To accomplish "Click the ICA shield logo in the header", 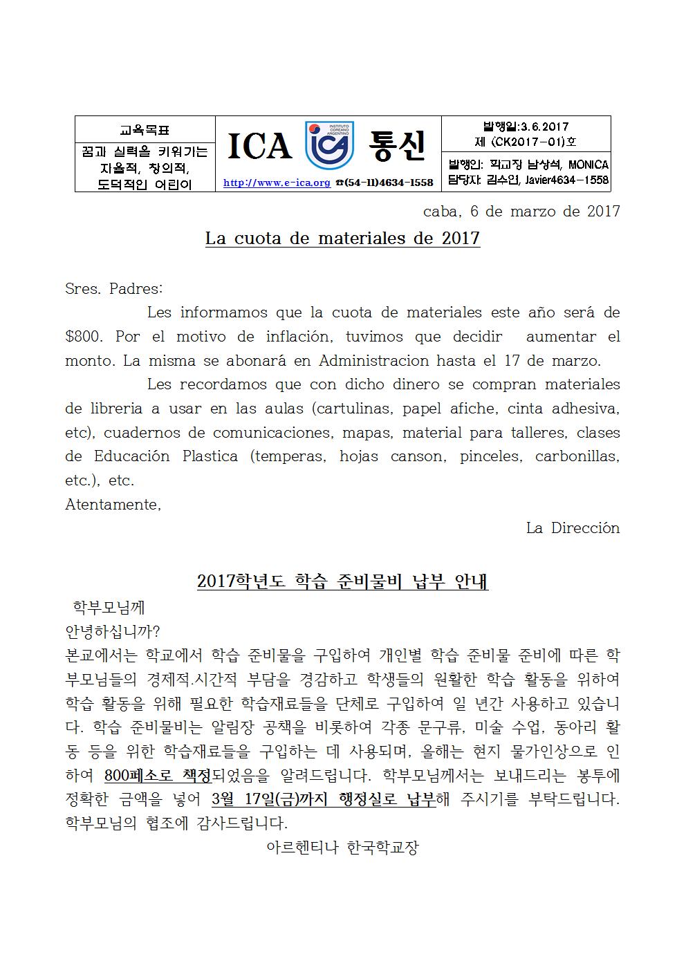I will (330, 145).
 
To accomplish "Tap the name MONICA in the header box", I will (587, 165).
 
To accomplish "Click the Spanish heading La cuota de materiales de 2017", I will (342, 239).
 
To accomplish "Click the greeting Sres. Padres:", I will (114, 288).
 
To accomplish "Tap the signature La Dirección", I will (573, 528).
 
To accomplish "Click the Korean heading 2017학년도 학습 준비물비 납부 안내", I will (342, 581).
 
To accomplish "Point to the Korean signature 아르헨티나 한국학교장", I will (342, 848).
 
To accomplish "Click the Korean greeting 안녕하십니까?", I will (113, 631).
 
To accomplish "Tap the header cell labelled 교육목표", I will (145, 129).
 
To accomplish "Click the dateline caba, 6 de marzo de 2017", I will (521, 212).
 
